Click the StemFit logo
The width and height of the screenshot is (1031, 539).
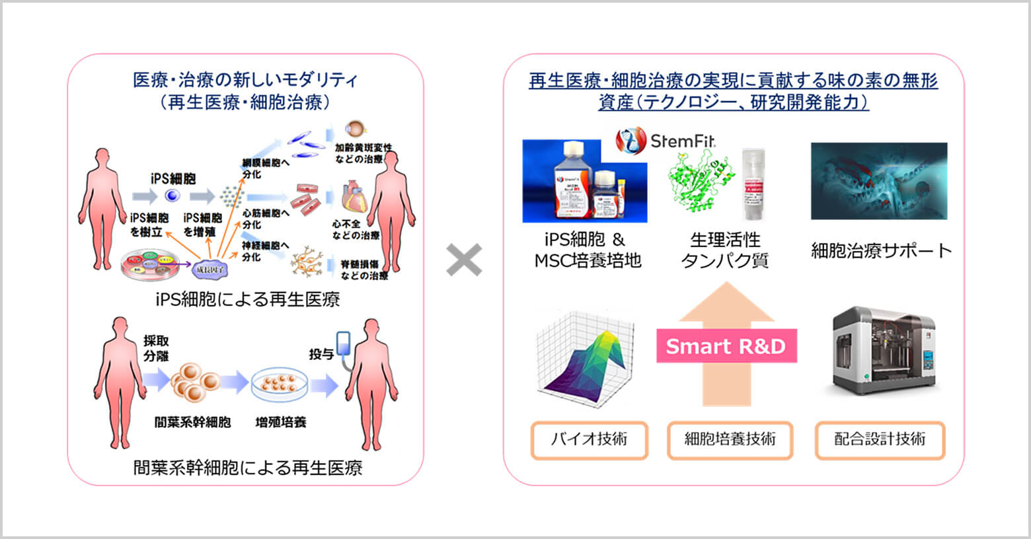[666, 140]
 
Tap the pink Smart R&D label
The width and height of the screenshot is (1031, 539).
[726, 346]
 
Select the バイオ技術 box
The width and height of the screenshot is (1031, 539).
[589, 440]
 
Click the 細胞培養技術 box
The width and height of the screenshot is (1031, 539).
[730, 440]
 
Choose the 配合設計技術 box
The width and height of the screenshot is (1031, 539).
[880, 440]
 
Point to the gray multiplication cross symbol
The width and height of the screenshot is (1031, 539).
[464, 260]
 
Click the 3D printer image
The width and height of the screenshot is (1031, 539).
[884, 350]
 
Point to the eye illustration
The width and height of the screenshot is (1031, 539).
[356, 129]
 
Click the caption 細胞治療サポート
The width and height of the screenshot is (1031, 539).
[881, 250]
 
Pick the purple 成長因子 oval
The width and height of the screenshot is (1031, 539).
[211, 269]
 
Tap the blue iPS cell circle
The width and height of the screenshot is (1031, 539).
[172, 196]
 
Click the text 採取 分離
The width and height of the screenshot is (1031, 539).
[156, 348]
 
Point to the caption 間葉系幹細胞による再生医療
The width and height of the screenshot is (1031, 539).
[247, 468]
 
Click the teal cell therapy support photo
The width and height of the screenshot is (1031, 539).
[879, 181]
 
